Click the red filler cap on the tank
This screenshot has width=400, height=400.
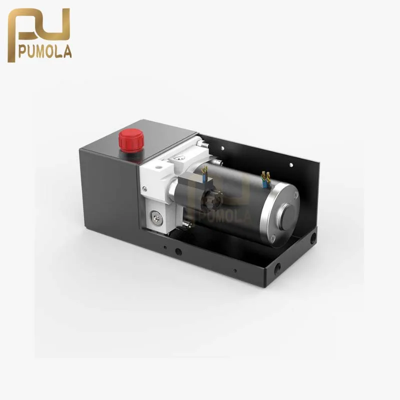(x=131, y=140)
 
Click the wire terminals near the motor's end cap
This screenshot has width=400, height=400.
(x=265, y=179)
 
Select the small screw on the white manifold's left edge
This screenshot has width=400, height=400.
(x=144, y=189)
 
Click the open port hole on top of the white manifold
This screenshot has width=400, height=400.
(x=159, y=167)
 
